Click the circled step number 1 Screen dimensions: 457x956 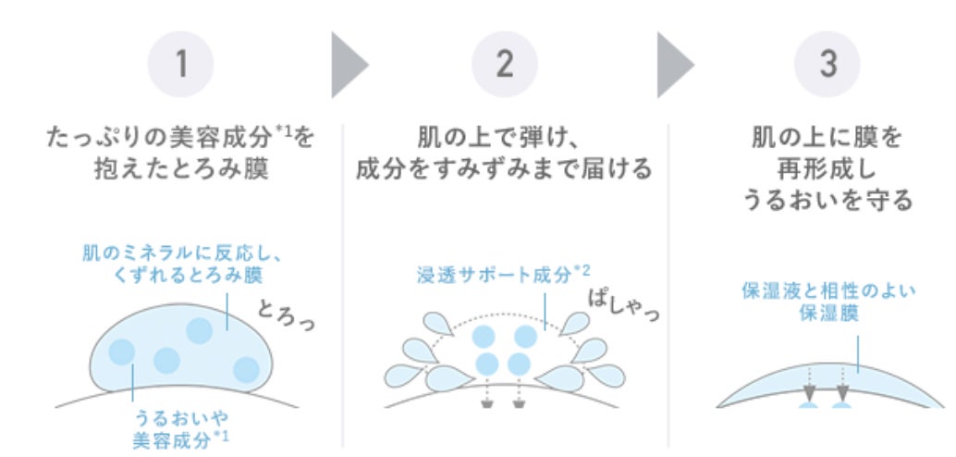pos(180,64)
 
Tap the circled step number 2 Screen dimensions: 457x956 pos(504,64)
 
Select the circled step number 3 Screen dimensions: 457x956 pos(827,64)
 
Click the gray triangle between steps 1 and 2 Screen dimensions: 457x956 pos(348,64)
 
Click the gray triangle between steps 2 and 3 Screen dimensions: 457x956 pos(673,64)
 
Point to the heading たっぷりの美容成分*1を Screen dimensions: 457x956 pos(180,140)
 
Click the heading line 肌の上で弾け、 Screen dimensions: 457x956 pos(505,140)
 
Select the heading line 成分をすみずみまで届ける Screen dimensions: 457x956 pos(505,170)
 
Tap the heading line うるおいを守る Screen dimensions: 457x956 pos(828,200)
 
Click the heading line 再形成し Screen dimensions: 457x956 pos(828,170)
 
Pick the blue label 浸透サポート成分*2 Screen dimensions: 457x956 pos(505,274)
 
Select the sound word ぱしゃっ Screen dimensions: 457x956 pos(625,307)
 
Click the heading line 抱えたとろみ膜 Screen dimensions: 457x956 pos(180,170)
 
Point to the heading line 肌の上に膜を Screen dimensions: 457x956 pos(828,140)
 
